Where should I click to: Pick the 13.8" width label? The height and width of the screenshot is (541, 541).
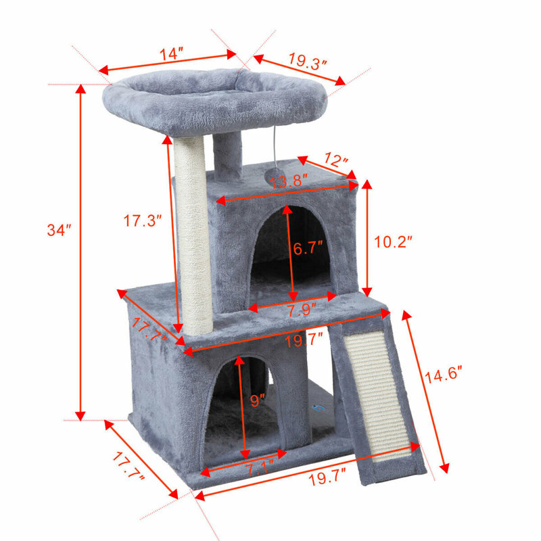289,181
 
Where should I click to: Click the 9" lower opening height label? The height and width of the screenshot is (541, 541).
257,400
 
